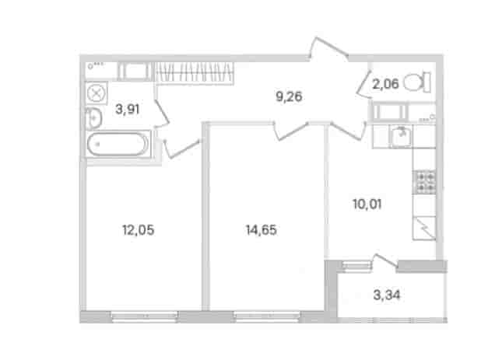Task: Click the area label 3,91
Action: (x=127, y=109)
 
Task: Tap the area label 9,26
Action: (x=289, y=96)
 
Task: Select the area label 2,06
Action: (x=385, y=84)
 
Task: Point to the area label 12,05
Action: (x=139, y=230)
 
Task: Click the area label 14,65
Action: (x=261, y=230)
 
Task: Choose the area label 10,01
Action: (x=367, y=204)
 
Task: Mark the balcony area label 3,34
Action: (x=386, y=295)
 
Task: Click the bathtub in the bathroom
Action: (x=118, y=144)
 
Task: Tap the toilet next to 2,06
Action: (x=417, y=82)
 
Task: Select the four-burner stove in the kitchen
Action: (x=424, y=182)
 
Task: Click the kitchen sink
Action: (x=401, y=136)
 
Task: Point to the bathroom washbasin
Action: (x=93, y=117)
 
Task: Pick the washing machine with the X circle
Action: (x=97, y=93)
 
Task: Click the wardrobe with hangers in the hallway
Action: (x=194, y=73)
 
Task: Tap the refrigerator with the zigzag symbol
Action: (x=424, y=228)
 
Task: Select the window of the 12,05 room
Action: (x=145, y=316)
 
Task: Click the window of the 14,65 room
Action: (x=267, y=316)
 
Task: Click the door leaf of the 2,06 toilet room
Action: (x=364, y=83)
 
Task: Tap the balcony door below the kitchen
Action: (x=385, y=260)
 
